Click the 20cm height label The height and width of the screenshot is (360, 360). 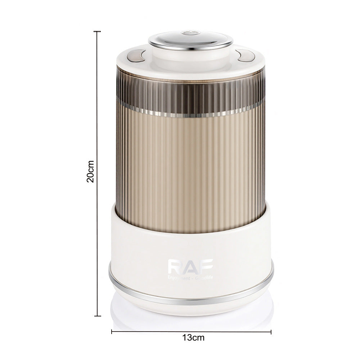coord(90,171)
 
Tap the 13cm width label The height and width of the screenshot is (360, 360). coord(191,337)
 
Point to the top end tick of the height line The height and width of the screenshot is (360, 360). coord(97,32)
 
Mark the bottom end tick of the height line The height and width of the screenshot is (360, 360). coord(97,316)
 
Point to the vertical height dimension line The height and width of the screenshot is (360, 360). coord(97,108)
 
